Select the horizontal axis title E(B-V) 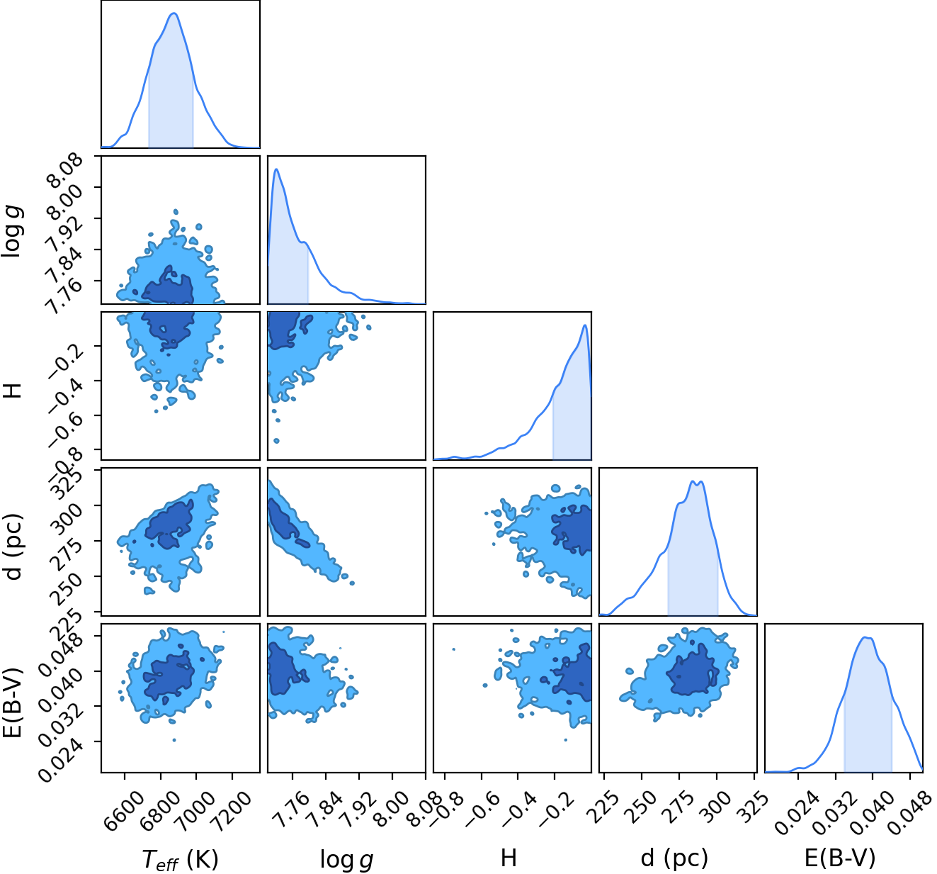(x=839, y=857)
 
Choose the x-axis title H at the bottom (x=508, y=858)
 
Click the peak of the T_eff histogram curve (x=174, y=13)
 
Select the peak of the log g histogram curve (x=276, y=169)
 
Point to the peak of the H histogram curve (x=585, y=325)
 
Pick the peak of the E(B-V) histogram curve (x=866, y=637)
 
